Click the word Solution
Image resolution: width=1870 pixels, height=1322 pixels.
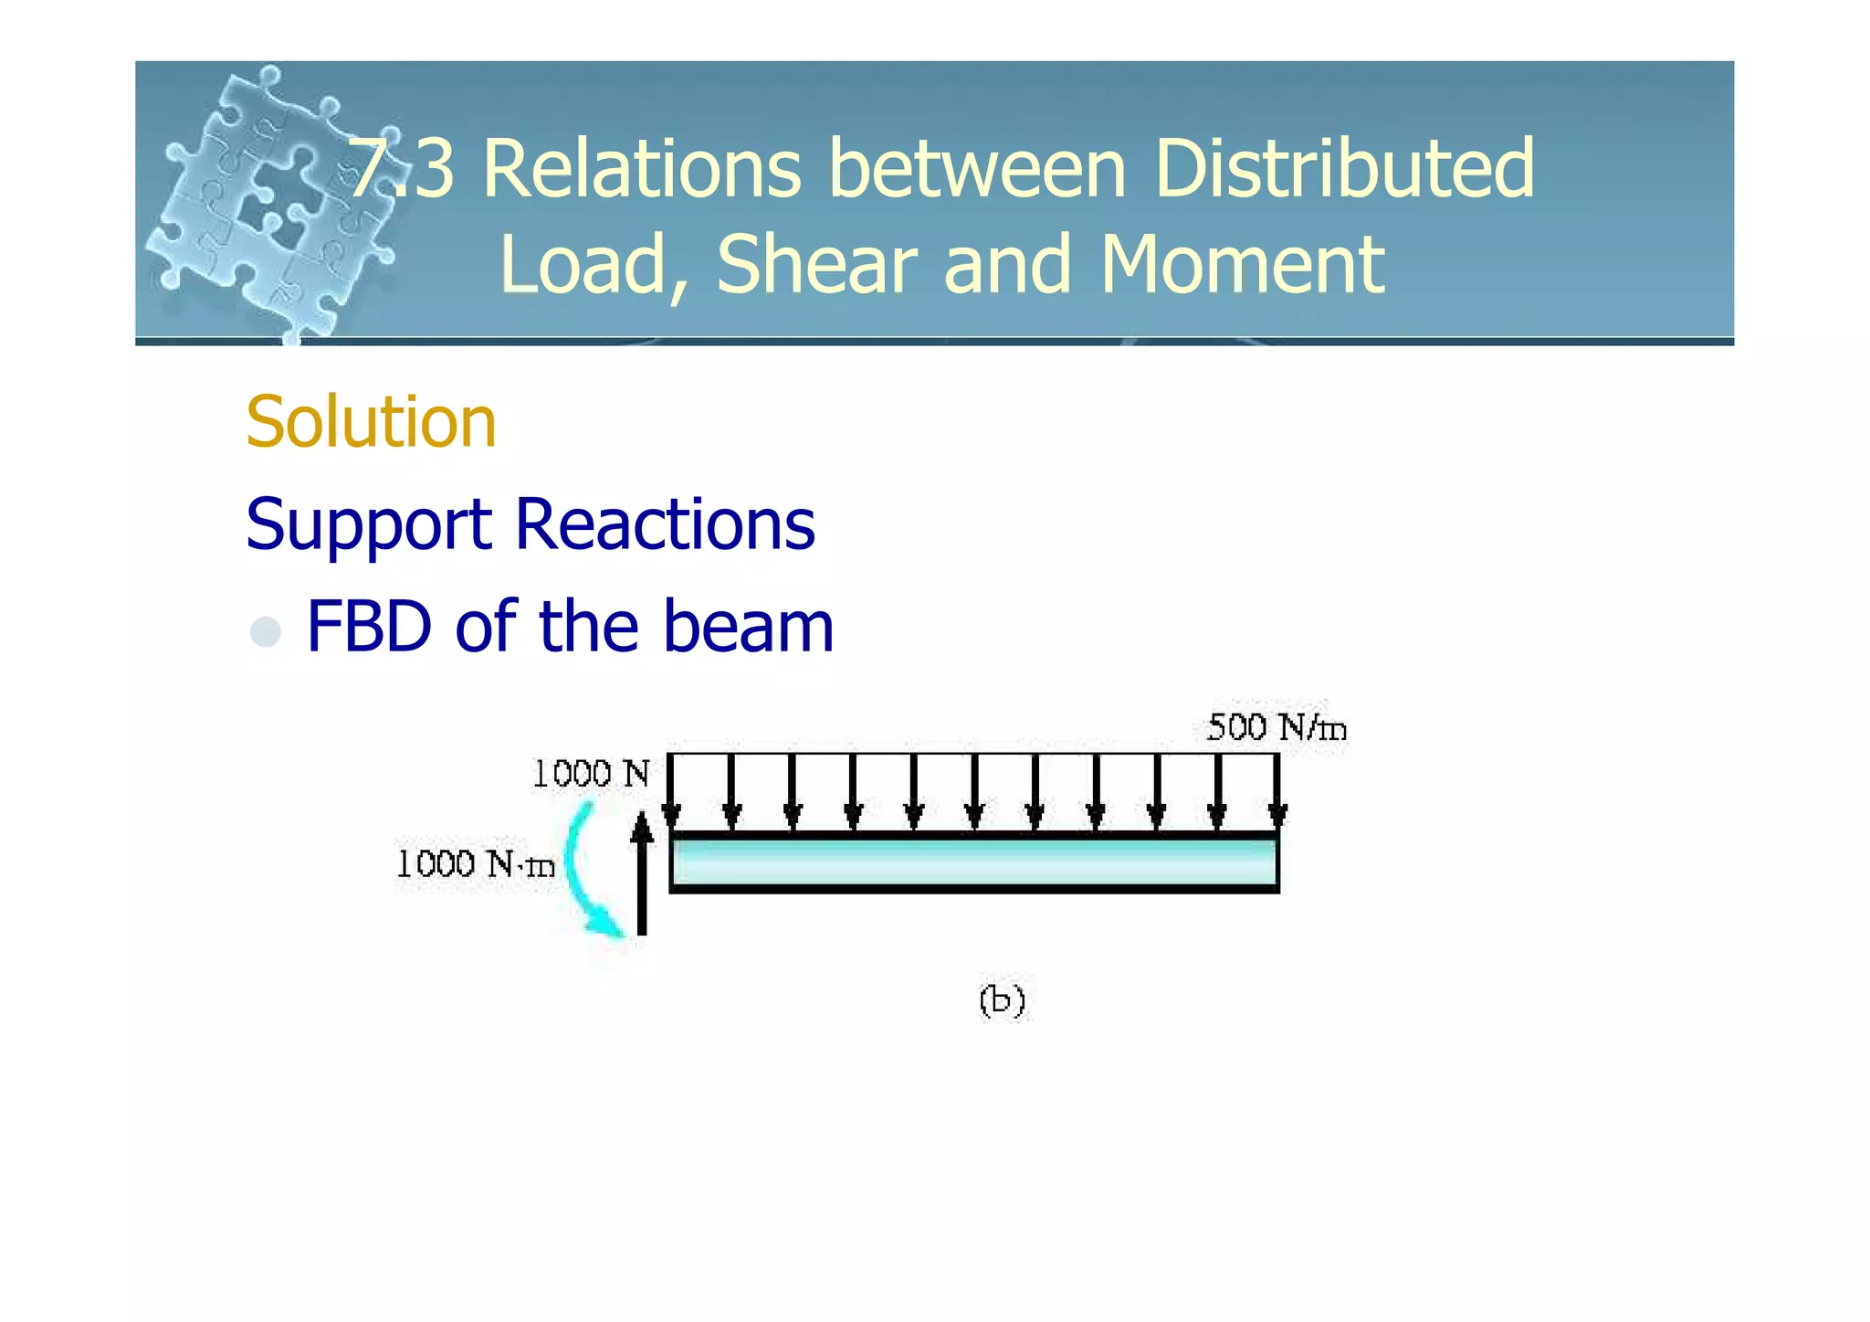[371, 422]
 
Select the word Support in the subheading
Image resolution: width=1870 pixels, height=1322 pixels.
[368, 525]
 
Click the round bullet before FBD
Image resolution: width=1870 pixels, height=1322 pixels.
[265, 631]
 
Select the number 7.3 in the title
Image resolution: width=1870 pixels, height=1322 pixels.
[402, 168]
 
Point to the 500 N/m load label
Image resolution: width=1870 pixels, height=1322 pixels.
[1276, 728]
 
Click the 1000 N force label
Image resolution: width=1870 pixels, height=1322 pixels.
[591, 774]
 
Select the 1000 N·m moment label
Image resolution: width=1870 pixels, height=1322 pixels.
[475, 863]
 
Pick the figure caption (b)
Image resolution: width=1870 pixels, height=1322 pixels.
[1002, 1000]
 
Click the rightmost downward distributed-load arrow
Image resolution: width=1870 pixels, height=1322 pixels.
[1277, 790]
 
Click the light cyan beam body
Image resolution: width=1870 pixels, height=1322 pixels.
[973, 862]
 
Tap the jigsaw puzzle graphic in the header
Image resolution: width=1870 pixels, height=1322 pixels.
[265, 201]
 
